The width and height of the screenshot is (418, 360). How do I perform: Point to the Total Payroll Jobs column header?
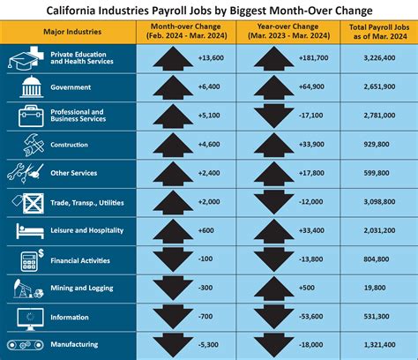[x=372, y=32]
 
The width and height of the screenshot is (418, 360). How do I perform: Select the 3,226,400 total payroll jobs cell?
[x=372, y=59]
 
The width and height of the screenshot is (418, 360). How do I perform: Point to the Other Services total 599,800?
[x=372, y=174]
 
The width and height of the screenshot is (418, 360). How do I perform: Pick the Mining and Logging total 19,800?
[x=372, y=288]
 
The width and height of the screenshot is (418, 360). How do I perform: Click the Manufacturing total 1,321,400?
[x=372, y=345]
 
